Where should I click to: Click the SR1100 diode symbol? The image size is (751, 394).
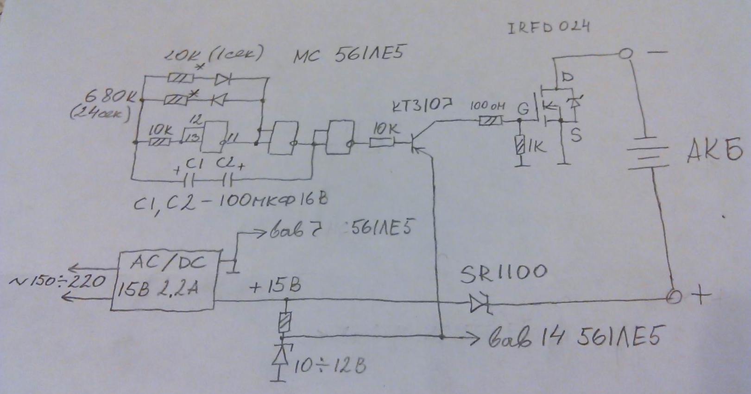478,304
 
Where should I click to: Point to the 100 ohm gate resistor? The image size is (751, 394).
490,121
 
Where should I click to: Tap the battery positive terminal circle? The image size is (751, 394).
673,297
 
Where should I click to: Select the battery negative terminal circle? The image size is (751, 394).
625,54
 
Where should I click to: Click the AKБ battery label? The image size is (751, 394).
713,150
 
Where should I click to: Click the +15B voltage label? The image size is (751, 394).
274,287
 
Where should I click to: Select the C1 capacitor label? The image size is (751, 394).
195,163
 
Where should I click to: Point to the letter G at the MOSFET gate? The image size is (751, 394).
523,109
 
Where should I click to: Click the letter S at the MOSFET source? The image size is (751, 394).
575,135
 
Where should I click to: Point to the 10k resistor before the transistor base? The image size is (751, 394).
381,144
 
